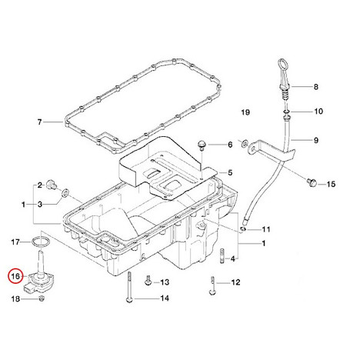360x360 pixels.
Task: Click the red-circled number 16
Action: tap(15, 276)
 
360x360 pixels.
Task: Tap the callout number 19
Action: tap(245, 112)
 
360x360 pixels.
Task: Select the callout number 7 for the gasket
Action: tap(39, 122)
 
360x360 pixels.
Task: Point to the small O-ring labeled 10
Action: tap(286, 112)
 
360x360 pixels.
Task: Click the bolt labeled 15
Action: tap(311, 182)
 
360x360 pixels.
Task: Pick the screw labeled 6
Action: tap(201, 145)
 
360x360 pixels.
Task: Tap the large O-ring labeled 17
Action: tap(41, 242)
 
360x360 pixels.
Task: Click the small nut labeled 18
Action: tap(42, 298)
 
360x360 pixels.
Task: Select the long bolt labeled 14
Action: tap(130, 288)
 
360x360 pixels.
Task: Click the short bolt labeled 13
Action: tap(148, 281)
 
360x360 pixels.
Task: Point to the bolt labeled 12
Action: tap(212, 285)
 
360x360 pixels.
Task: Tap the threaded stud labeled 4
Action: tap(222, 255)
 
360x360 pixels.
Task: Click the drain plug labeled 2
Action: tap(52, 185)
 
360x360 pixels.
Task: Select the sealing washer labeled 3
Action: tap(65, 192)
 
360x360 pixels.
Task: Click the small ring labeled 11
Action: tap(243, 228)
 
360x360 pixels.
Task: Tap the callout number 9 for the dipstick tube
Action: tap(316, 140)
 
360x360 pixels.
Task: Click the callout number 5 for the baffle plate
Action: tap(230, 172)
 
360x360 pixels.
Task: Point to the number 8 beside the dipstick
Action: tap(316, 87)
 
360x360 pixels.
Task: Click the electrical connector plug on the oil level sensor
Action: tap(29, 288)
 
